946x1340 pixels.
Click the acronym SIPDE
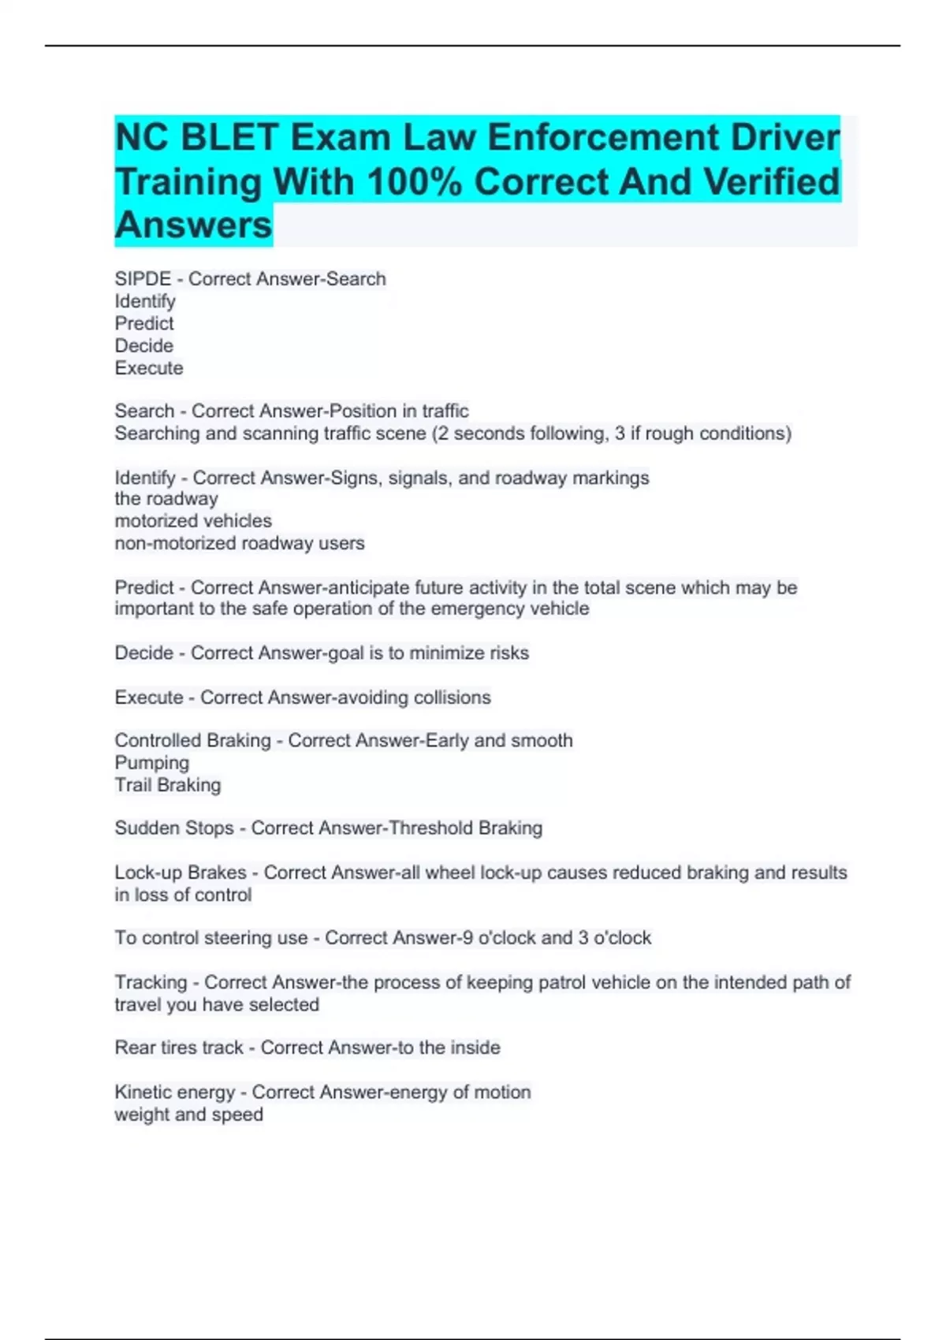pos(143,279)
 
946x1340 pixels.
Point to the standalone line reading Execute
pos(149,368)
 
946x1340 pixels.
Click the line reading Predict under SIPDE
pos(144,324)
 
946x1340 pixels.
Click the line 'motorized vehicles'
pos(193,521)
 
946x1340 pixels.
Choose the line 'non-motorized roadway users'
pos(240,543)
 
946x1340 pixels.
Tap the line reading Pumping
pos(152,763)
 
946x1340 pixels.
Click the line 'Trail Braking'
pos(168,785)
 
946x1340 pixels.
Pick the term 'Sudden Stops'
pos(174,828)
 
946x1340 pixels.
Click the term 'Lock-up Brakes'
pos(181,873)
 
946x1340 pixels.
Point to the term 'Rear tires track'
pos(179,1048)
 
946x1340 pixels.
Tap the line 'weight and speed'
pos(189,1115)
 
